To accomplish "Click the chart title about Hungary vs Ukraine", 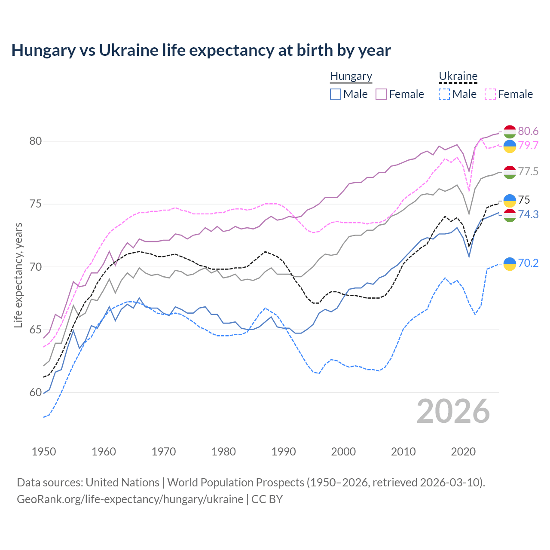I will [x=201, y=50].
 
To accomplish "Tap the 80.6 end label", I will [x=528, y=131].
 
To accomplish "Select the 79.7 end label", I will [x=528, y=145].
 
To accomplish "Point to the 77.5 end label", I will [x=528, y=172].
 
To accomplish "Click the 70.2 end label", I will [x=528, y=263].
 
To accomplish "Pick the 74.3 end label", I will [x=528, y=214].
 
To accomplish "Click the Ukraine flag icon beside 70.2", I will [x=510, y=263].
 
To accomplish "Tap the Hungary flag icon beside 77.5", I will [x=510, y=172].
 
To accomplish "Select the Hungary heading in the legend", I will [x=351, y=76].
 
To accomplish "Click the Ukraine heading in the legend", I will [x=458, y=76].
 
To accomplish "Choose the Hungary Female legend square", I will [x=381, y=94].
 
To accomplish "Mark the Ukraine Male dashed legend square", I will [x=444, y=94].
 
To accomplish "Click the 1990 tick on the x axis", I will [x=284, y=452].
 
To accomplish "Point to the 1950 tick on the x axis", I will [x=44, y=452].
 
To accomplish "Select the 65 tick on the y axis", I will [x=36, y=330].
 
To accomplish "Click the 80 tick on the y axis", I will [x=36, y=141].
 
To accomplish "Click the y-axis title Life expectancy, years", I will [x=18, y=275].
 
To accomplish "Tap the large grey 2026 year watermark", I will [x=453, y=411].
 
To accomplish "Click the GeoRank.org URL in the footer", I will [x=130, y=499].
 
